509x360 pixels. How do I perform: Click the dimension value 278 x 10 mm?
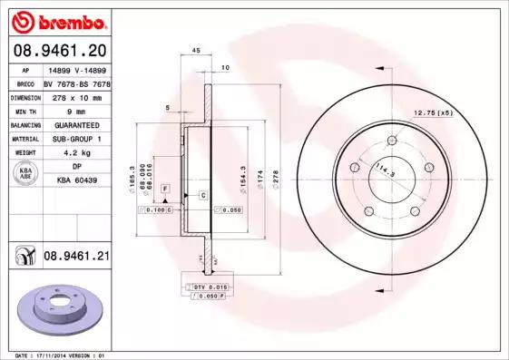pos(76,95)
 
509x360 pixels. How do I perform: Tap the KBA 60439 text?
pos(76,181)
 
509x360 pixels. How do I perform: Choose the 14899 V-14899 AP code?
pos(76,69)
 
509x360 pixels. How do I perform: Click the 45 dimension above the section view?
pos(196,51)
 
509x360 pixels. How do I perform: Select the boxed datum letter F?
pos(165,187)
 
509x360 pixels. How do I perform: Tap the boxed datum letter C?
pos(202,196)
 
